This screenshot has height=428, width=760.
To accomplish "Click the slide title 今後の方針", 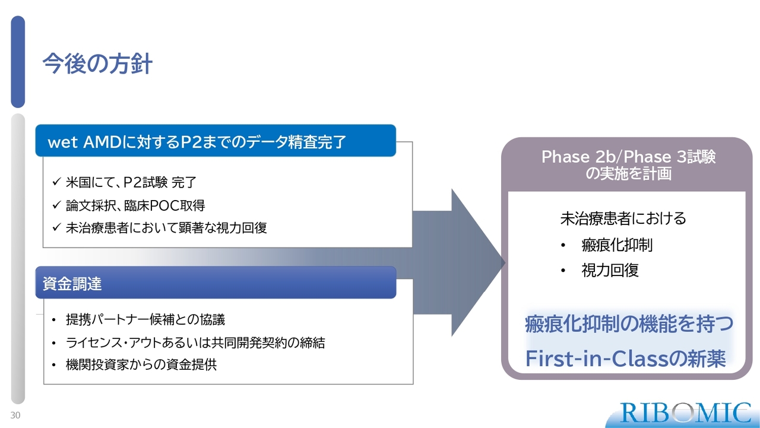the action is click(x=97, y=64).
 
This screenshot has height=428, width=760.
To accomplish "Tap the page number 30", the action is click(x=15, y=415).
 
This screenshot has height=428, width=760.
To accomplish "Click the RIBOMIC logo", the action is click(x=685, y=413).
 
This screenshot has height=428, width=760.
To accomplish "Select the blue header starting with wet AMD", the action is click(x=216, y=141).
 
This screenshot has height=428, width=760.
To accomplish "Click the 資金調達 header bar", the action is click(x=216, y=283).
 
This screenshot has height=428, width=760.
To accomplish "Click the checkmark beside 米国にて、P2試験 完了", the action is click(x=56, y=182).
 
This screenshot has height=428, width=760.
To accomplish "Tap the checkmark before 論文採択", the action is click(x=56, y=205).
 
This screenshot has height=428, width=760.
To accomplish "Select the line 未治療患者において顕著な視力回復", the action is click(x=166, y=228).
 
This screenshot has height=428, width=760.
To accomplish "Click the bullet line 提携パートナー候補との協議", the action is click(x=145, y=319).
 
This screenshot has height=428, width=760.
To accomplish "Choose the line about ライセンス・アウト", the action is click(x=195, y=343).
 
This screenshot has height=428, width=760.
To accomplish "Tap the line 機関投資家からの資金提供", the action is click(x=141, y=364).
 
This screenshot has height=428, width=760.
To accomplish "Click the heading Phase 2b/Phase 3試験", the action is click(x=628, y=157).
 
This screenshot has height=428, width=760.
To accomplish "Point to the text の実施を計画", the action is click(x=628, y=174).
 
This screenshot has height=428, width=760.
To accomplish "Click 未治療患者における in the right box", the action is click(x=623, y=218).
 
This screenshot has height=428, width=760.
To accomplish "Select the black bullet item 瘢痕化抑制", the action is click(x=616, y=245).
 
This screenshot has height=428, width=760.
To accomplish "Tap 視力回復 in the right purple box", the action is click(x=610, y=270).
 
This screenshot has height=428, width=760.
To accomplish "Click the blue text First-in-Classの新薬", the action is click(x=626, y=359).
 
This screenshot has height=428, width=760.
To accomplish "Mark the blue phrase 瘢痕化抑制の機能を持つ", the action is click(x=629, y=323).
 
